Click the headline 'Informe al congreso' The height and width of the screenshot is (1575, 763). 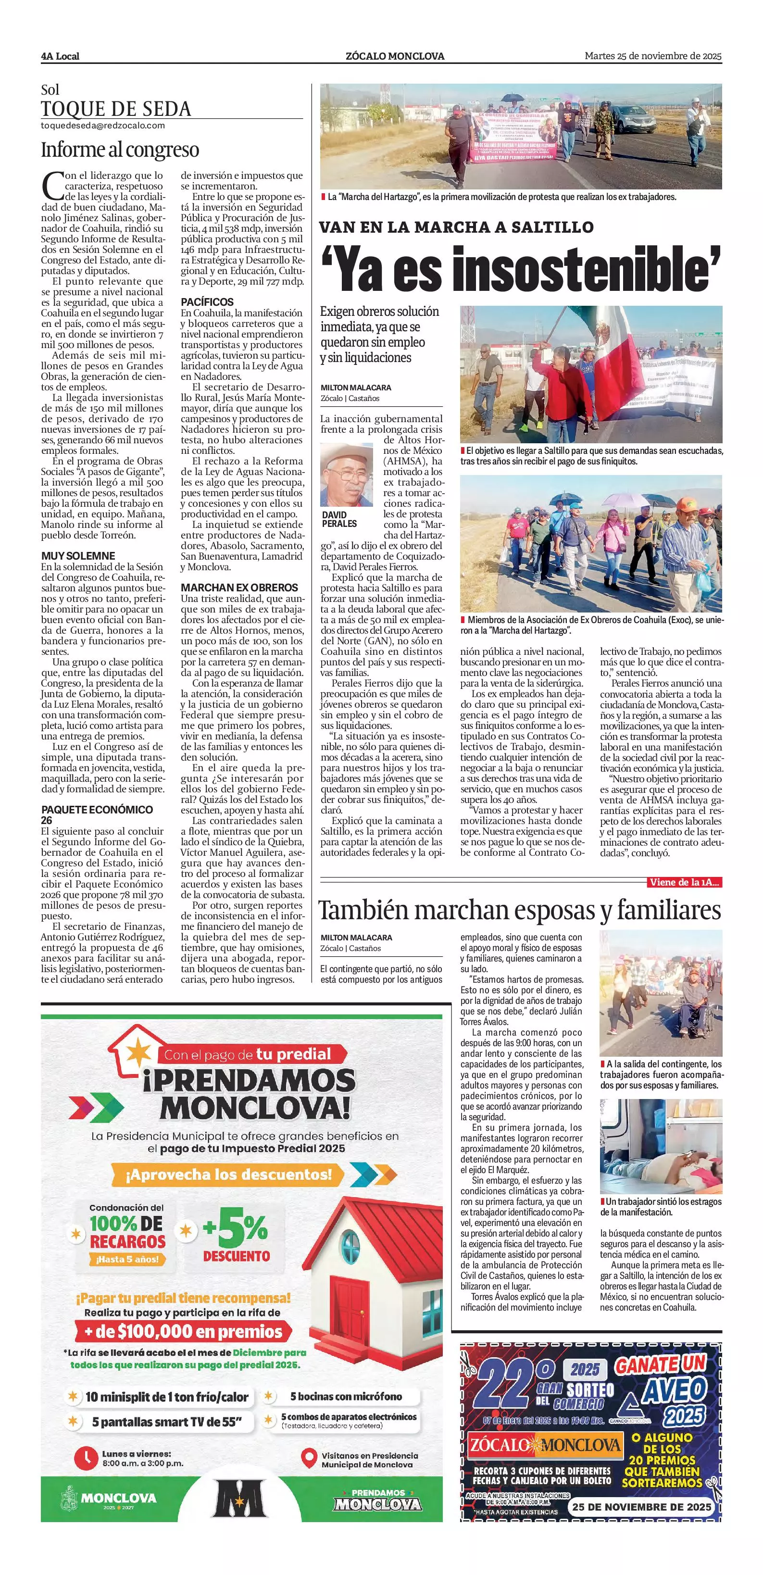[x=120, y=150]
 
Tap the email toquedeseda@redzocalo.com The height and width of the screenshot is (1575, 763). [x=103, y=125]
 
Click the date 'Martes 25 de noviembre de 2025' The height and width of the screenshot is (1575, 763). [x=653, y=56]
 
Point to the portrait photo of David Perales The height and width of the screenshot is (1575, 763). [x=347, y=475]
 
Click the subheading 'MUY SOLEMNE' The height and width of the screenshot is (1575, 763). [x=78, y=556]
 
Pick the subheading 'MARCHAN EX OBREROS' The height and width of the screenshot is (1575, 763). [x=239, y=587]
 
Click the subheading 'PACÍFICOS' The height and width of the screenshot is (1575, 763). [x=207, y=302]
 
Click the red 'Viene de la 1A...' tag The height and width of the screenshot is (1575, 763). [x=685, y=882]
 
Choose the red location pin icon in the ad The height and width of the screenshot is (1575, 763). [x=309, y=1458]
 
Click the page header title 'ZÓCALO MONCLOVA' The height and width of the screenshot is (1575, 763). [x=395, y=56]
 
